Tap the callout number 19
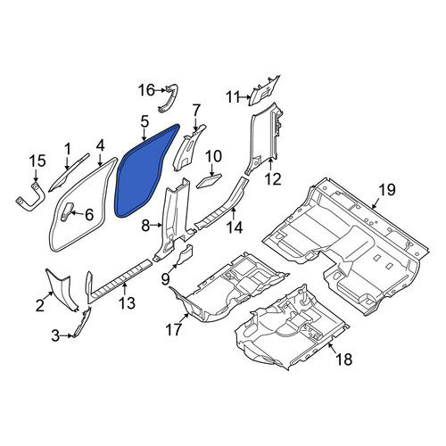387,190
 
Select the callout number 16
147,90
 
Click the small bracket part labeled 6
67,211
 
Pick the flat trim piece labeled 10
209,181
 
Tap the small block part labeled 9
185,254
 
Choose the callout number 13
128,303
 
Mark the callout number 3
55,336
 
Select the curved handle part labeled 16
169,98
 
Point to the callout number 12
273,179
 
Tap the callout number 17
174,329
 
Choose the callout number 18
343,359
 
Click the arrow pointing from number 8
156,226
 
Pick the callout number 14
235,227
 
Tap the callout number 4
100,145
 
